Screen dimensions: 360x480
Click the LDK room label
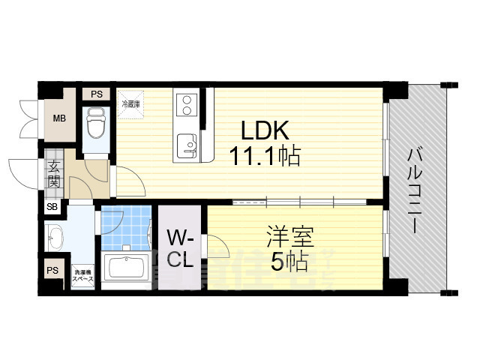click(264, 130)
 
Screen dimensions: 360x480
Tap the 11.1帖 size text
click(265, 157)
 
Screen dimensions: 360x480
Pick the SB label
click(52, 208)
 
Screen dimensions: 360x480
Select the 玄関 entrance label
click(55, 174)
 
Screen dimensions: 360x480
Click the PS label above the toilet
click(96, 94)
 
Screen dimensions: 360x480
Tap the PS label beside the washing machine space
click(52, 270)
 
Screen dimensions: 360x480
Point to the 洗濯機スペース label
click(82, 274)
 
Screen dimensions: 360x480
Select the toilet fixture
click(96, 124)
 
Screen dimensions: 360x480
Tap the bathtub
click(126, 269)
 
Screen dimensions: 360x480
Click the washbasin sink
click(55, 239)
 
